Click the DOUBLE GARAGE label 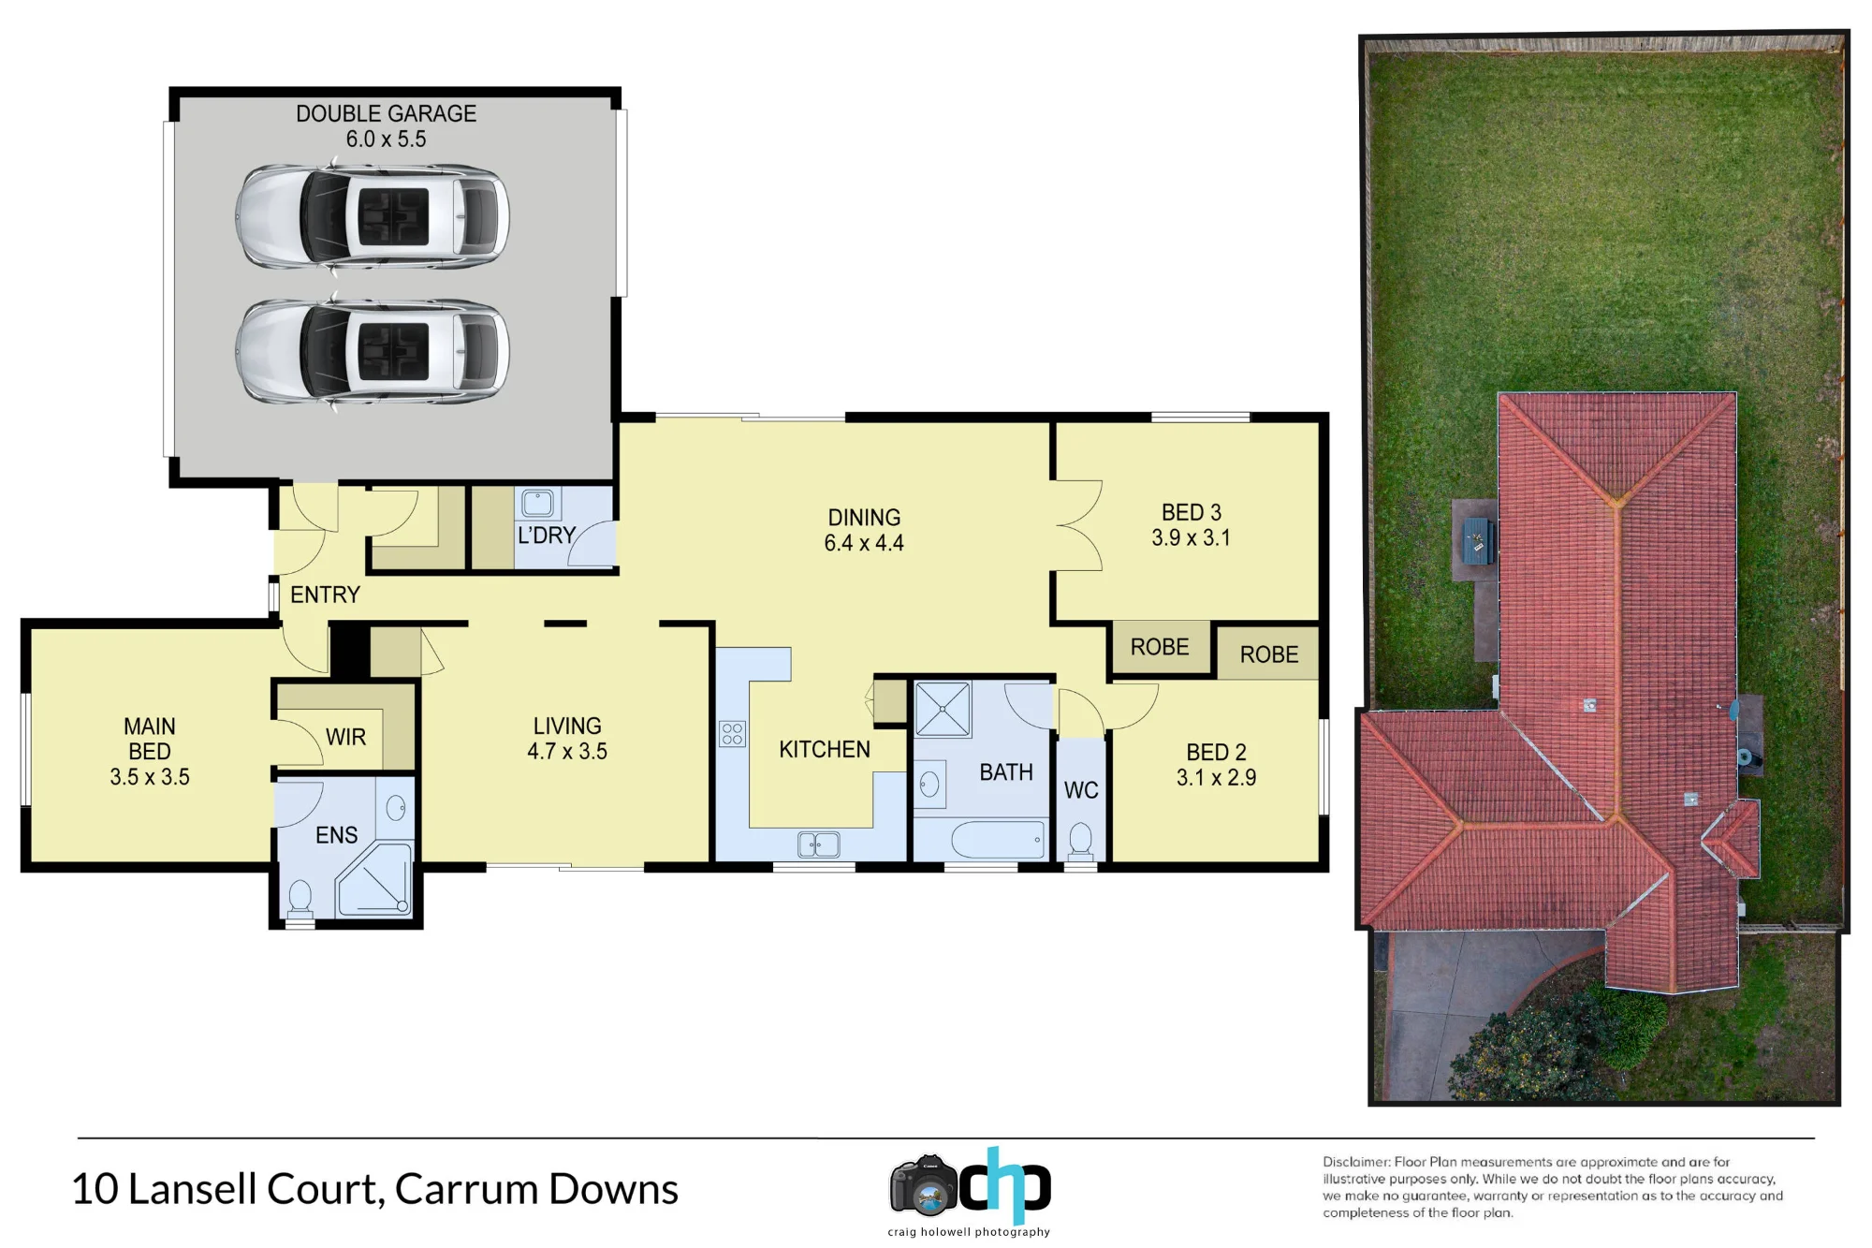[386, 113]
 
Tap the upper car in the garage [373, 216]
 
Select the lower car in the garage [373, 351]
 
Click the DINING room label [864, 518]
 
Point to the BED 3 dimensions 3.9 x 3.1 [1191, 537]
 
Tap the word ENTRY [325, 595]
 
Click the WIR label [345, 737]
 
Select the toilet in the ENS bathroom [300, 898]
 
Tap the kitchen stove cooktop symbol [732, 733]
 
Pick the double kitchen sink [818, 844]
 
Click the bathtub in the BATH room [999, 840]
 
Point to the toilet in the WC [1080, 839]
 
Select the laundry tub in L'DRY [537, 503]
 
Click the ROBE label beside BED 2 [1269, 654]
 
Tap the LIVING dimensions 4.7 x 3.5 [567, 751]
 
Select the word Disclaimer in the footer [1355, 1162]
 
